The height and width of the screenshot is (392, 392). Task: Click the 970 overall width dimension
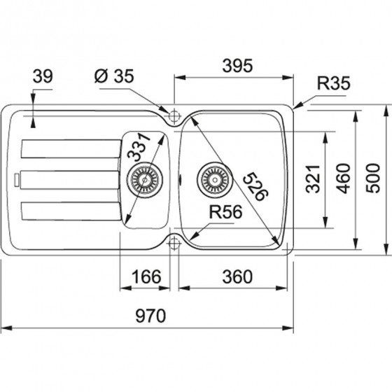(x=150, y=316)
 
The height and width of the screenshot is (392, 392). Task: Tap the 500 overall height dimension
(x=372, y=178)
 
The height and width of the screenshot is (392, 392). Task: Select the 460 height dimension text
(x=343, y=178)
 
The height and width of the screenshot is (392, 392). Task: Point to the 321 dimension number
(x=313, y=178)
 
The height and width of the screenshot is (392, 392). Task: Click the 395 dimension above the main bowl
(x=237, y=66)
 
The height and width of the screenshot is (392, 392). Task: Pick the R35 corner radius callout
(x=333, y=83)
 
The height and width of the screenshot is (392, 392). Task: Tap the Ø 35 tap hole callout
(x=114, y=76)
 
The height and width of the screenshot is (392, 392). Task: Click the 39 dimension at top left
(x=43, y=76)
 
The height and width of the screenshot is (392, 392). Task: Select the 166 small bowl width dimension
(x=146, y=276)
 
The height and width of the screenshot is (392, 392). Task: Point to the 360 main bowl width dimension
(x=237, y=276)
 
